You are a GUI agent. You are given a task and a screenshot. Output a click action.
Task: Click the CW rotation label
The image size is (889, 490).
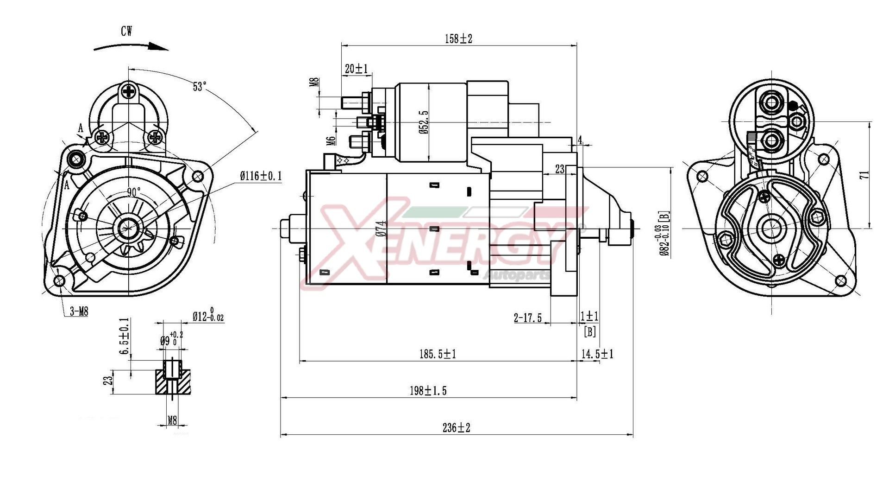[126, 32]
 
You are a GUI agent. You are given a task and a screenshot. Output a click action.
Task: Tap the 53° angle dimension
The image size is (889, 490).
[200, 87]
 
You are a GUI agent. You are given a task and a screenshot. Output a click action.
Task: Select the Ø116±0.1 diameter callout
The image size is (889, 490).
[261, 176]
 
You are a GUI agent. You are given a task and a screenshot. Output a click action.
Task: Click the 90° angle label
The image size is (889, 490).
[134, 193]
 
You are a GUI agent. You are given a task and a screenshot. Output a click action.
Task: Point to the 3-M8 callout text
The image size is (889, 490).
[79, 312]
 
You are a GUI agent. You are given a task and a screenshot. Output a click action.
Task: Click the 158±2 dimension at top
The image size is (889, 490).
[458, 39]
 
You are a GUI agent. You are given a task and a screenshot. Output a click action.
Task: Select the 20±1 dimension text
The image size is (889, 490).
[356, 69]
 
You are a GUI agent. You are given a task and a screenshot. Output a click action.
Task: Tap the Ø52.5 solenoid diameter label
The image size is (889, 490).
[425, 122]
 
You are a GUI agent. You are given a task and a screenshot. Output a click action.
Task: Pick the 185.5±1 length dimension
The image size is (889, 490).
[438, 355]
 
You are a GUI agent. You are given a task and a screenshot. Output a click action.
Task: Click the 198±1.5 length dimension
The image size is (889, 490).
[428, 391]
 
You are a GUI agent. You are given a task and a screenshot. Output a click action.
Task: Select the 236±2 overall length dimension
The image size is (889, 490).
[456, 428]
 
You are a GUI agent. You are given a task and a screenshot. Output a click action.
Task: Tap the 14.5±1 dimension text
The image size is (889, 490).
[597, 355]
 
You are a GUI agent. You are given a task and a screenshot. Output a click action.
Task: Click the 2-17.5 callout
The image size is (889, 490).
[527, 318]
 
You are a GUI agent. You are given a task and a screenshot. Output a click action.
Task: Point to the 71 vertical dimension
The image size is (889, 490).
[864, 175]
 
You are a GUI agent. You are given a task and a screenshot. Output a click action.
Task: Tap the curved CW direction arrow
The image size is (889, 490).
[131, 46]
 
